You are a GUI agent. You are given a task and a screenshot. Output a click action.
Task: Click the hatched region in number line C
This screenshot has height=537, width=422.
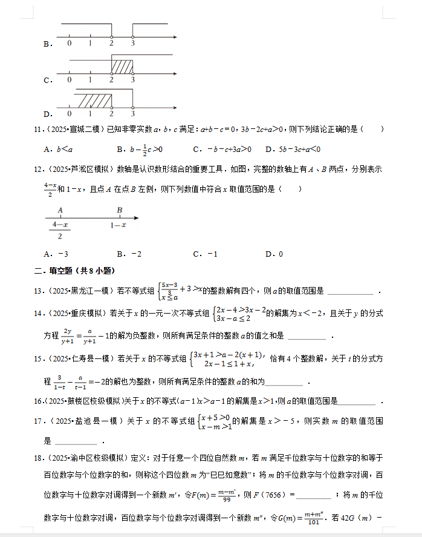(122, 65)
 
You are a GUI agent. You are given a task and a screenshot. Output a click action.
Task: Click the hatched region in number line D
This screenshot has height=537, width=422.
(93, 99)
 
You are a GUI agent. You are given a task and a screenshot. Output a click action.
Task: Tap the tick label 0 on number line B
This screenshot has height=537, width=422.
(70, 44)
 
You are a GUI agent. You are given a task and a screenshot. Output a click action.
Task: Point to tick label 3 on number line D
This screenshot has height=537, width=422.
(132, 113)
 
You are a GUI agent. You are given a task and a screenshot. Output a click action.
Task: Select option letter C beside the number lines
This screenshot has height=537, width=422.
(47, 79)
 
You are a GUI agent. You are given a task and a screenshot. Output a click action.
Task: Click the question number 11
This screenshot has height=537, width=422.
(37, 129)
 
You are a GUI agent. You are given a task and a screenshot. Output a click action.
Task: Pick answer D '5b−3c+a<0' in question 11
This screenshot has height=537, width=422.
(293, 149)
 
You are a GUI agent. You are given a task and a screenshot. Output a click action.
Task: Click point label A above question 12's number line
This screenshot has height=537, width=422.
(60, 210)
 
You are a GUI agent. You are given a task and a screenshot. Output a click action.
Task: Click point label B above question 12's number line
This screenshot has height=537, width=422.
(120, 210)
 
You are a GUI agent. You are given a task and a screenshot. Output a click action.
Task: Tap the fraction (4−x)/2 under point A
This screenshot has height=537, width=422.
(59, 231)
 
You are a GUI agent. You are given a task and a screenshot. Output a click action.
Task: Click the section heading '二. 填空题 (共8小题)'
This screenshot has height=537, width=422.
(75, 271)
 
